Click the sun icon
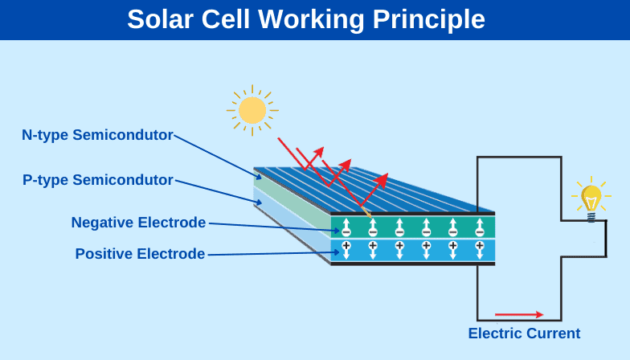pos(252,110)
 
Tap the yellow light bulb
pos(591,198)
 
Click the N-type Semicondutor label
pos(97,135)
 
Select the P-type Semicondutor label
pos(98,180)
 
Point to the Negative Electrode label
pos(138,223)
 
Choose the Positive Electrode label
pos(140,254)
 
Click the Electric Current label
pos(524,333)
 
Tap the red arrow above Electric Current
pos(519,314)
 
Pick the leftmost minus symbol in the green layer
pos(346,232)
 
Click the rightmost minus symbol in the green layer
pos(480,232)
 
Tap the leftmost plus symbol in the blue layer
pos(346,245)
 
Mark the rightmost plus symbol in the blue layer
pos(480,245)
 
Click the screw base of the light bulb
pos(591,217)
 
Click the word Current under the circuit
pos(552,333)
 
